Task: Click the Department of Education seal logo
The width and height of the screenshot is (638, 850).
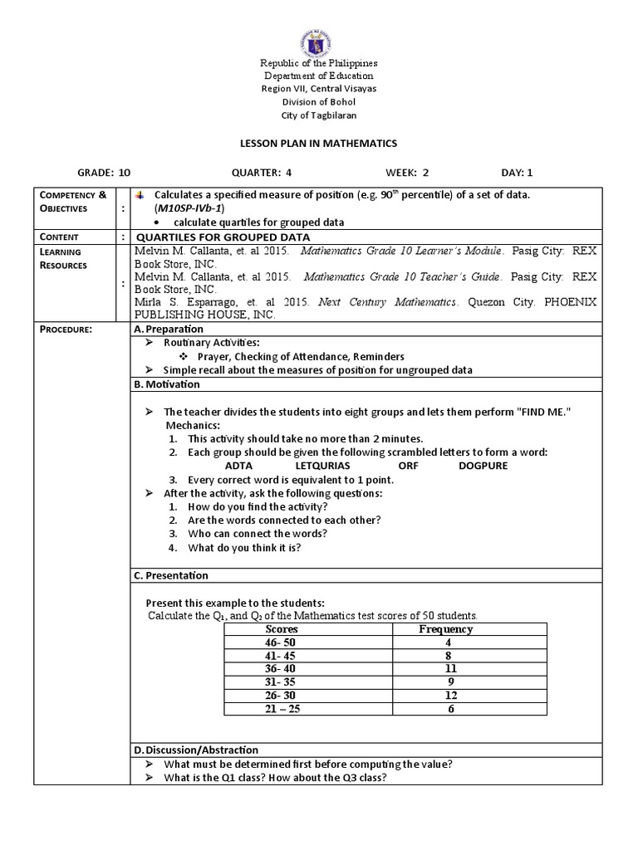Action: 319,31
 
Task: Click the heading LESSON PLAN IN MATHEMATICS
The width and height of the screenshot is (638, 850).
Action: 319,144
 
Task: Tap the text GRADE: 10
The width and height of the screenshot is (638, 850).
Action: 104,173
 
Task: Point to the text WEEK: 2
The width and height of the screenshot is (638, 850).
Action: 406,173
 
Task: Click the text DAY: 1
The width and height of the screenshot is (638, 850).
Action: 517,173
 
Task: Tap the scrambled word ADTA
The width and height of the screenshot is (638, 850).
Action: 238,466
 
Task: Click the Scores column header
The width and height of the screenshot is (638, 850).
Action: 280,629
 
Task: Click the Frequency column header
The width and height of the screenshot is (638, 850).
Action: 446,629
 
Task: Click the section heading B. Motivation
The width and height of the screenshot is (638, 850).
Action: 167,384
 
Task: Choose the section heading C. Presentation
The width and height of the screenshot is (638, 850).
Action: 171,575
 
